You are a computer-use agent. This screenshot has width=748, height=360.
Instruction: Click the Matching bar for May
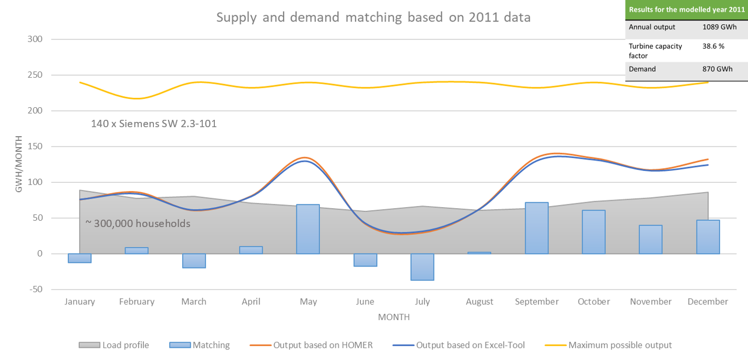click(308, 229)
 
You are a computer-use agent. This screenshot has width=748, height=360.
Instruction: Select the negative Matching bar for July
click(422, 267)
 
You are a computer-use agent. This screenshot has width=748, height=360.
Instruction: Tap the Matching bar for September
click(537, 228)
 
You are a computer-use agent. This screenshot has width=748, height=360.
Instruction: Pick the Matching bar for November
click(650, 240)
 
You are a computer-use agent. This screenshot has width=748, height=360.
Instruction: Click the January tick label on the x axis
click(80, 302)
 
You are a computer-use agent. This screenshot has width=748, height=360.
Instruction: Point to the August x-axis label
click(479, 302)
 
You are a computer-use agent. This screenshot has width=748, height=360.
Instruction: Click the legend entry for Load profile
click(126, 345)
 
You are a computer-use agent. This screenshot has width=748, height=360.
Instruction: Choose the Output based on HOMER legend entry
click(323, 345)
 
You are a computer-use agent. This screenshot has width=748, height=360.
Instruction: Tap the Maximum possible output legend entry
click(620, 345)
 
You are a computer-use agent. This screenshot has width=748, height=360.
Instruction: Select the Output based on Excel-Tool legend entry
click(470, 345)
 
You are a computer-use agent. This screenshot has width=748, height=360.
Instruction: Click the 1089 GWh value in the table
click(719, 27)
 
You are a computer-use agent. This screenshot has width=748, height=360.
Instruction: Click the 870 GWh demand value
click(717, 69)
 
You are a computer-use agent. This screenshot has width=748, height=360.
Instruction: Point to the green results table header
click(687, 9)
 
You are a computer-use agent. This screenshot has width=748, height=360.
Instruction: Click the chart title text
click(373, 17)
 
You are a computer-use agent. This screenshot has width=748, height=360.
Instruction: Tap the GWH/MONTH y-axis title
click(19, 164)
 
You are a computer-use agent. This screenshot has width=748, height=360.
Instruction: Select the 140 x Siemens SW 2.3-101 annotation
click(154, 125)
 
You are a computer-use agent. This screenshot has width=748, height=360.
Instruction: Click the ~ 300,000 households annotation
click(138, 223)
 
